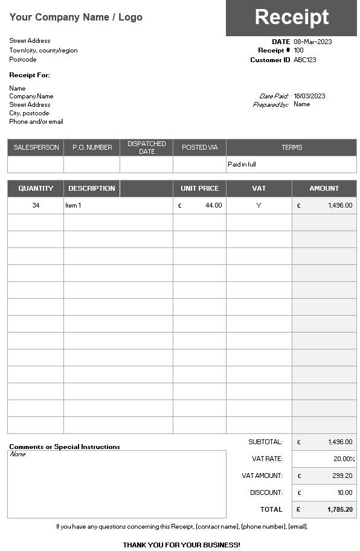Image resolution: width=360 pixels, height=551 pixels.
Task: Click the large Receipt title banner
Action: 291,18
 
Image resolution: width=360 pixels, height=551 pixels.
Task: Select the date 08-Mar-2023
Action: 313,42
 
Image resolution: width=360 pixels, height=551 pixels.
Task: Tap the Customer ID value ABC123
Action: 305,60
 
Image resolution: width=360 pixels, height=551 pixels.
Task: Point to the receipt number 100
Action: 299,51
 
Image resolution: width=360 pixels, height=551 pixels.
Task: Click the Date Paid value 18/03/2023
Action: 309,96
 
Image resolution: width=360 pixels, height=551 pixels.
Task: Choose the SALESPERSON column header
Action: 36,147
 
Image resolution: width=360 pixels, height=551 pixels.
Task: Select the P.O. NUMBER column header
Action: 92,147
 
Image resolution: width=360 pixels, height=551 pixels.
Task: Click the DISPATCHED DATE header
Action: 147,147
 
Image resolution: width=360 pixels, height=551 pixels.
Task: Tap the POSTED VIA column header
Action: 200,147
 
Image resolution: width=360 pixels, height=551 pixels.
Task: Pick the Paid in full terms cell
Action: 242,164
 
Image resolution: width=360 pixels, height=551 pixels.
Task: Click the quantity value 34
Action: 36,205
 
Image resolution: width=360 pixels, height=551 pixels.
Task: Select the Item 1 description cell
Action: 73,205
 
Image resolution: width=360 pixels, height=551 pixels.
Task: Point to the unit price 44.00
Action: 213,205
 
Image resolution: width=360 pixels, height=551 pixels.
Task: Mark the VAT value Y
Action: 259,205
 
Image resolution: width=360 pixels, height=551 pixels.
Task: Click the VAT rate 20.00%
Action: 344,459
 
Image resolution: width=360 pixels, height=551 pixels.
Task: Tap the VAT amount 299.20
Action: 342,476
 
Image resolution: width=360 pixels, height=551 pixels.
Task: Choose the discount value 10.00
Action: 344,492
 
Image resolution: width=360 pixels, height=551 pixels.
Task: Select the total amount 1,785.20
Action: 339,509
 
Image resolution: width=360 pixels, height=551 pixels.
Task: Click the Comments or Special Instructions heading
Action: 65,447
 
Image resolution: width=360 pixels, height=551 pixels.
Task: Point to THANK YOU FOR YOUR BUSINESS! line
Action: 181,545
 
